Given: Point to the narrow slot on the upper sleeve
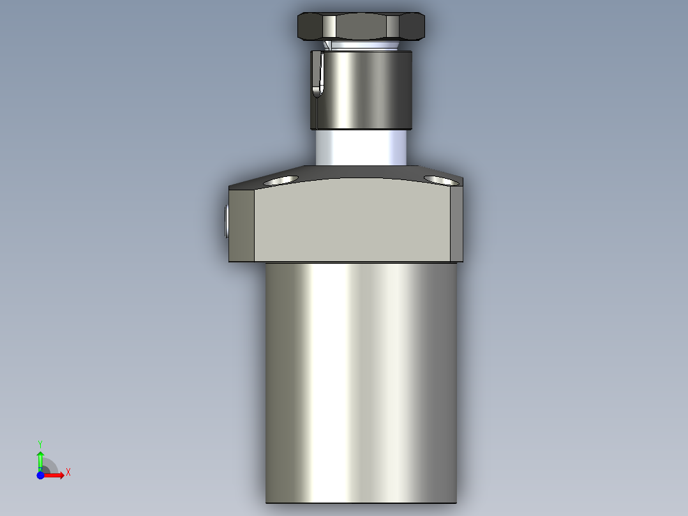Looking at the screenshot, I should [x=318, y=74].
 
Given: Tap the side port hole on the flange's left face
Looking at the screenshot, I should [x=227, y=221].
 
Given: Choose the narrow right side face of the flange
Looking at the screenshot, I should [x=456, y=224].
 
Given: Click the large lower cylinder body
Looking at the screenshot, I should [x=361, y=383].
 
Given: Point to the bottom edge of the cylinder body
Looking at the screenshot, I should [x=361, y=503].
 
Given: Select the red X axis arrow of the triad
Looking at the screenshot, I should [x=56, y=475].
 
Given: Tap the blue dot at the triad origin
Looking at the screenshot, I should [x=40, y=475].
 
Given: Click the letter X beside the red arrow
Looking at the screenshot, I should [x=68, y=472].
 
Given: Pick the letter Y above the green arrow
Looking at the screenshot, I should [x=40, y=443].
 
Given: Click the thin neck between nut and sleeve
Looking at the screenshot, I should [x=361, y=45].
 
